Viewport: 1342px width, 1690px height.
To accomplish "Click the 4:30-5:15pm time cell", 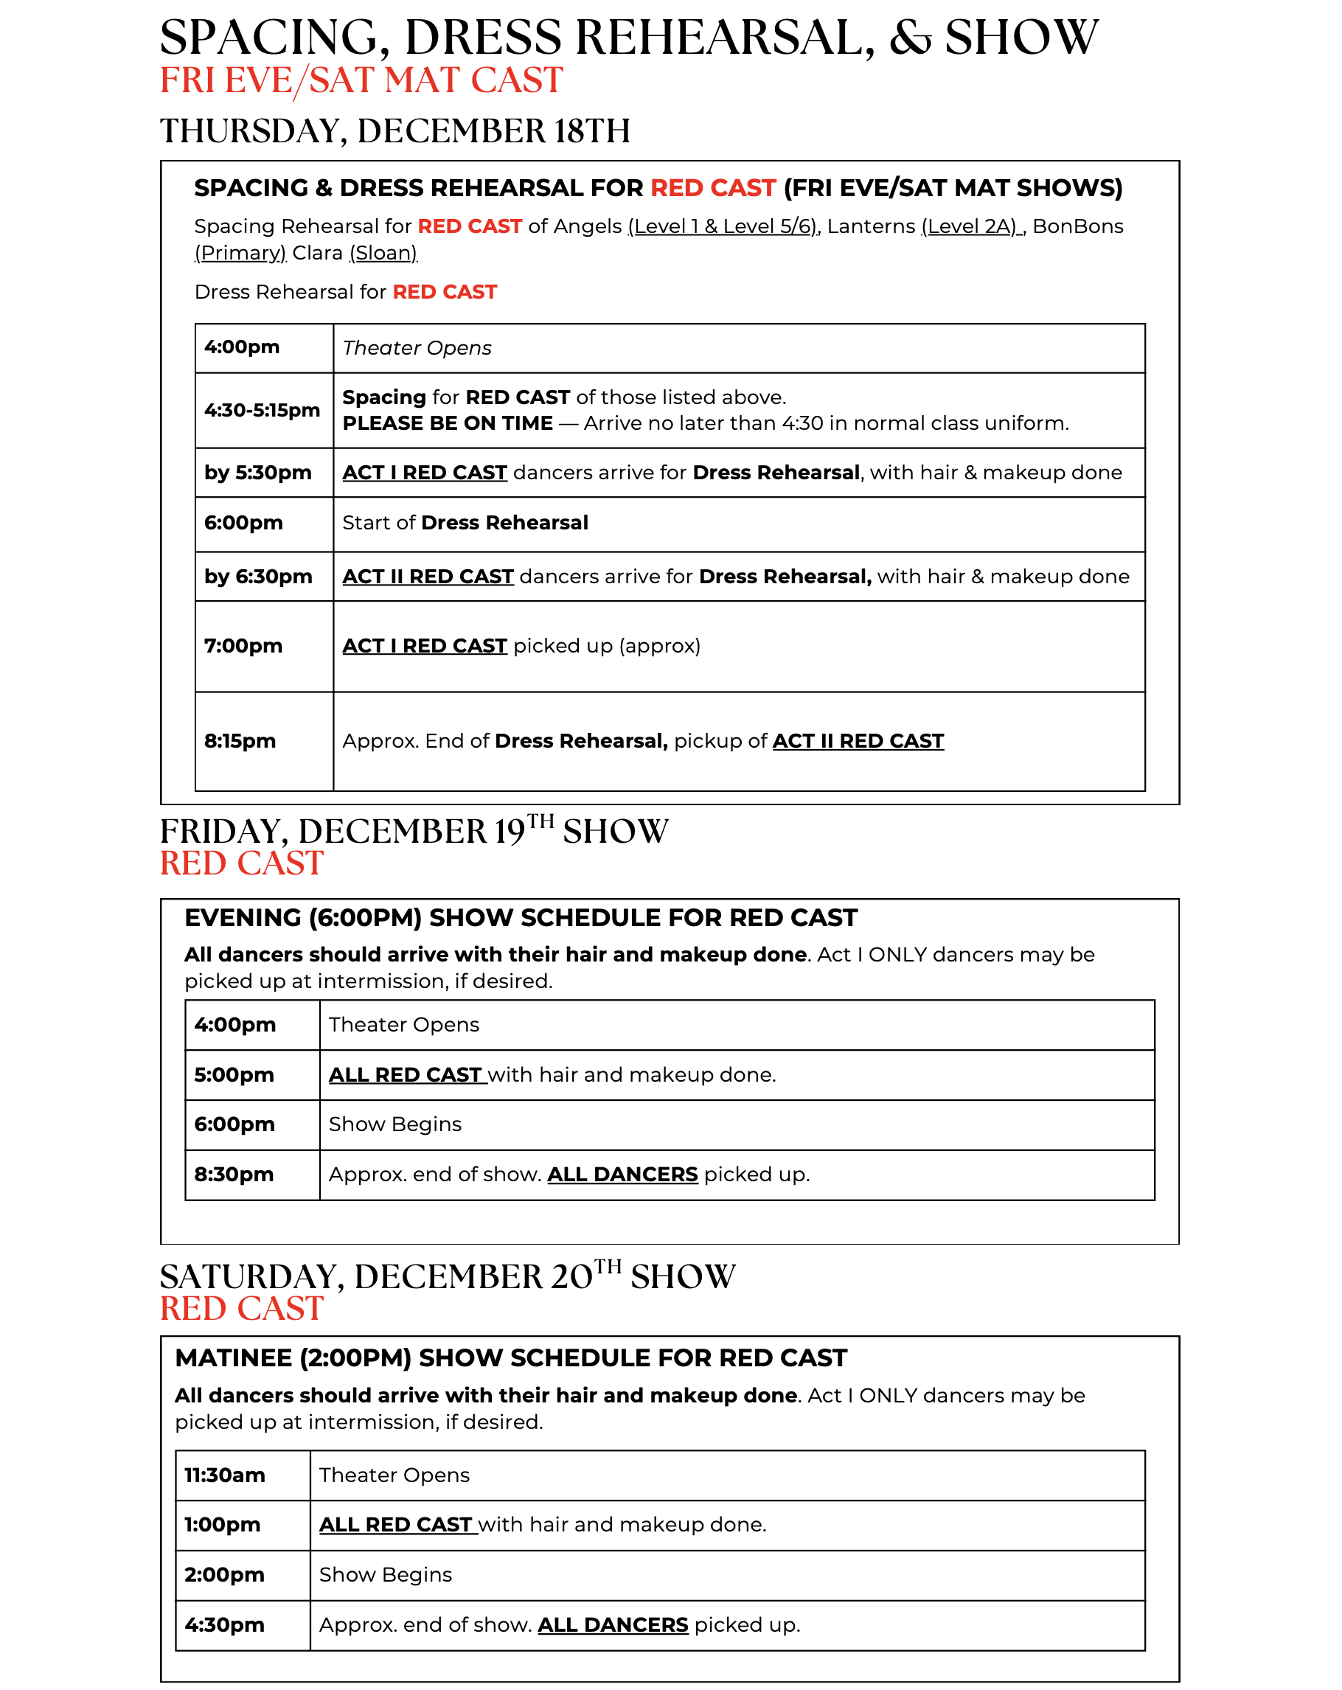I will coord(262,410).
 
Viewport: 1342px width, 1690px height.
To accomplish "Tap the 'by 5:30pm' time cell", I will coord(258,473).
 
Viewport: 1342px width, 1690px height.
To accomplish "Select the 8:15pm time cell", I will coord(240,741).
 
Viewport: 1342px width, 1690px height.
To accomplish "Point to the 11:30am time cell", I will coord(224,1475).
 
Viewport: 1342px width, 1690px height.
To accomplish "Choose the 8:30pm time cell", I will coord(234,1174).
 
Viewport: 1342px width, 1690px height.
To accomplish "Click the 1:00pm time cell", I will coord(222,1525).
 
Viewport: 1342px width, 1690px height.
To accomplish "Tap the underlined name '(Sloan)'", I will coord(383,253).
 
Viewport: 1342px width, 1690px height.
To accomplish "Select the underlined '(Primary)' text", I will coord(240,253).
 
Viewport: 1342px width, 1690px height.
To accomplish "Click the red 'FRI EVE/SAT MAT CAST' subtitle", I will coord(361,80).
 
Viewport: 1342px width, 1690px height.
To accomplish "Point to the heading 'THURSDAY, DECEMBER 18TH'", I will coord(395,131).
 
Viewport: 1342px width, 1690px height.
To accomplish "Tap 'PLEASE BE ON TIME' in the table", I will coord(448,423).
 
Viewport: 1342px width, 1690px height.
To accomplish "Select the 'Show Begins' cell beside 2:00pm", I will coord(386,1575).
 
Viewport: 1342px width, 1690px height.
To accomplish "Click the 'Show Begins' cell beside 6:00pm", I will coord(395,1124).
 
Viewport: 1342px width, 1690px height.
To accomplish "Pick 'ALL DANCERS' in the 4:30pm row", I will coord(613,1625).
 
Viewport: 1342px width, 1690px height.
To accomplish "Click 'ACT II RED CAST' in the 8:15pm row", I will coord(858,741).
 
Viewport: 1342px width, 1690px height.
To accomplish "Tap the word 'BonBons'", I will coord(1078,226).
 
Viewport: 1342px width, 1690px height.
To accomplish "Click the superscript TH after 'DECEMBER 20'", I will coord(608,1267).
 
